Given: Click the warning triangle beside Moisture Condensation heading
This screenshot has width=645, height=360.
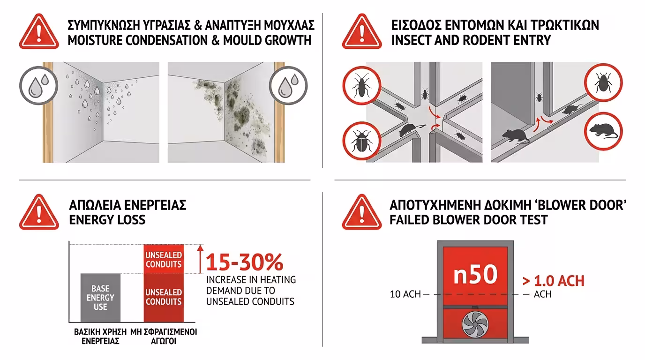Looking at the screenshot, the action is click(x=39, y=32).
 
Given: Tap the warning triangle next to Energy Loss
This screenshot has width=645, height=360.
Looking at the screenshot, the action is click(x=39, y=212).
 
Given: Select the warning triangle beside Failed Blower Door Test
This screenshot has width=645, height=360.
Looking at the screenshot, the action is click(x=362, y=212).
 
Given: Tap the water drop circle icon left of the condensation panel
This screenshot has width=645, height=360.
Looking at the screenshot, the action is click(x=38, y=85).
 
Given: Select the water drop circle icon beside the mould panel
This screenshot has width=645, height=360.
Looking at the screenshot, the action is click(x=288, y=85).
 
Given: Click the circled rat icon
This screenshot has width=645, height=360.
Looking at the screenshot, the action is click(x=604, y=131).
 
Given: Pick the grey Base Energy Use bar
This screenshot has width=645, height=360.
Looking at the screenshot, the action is click(x=100, y=298).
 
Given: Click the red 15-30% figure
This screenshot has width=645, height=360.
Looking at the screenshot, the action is click(x=245, y=262).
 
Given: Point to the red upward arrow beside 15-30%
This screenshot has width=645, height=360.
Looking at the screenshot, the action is click(x=201, y=259).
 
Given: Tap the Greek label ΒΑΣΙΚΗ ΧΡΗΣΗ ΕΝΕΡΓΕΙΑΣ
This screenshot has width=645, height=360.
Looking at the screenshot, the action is click(x=100, y=337).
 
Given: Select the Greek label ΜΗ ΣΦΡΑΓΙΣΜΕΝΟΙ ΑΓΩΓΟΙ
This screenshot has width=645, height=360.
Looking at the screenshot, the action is click(x=164, y=337).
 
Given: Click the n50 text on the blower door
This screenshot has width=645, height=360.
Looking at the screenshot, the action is click(x=475, y=275).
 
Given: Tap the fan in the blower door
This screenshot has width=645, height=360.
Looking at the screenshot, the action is click(x=475, y=325).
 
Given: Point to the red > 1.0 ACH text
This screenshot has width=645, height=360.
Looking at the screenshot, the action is click(x=554, y=281).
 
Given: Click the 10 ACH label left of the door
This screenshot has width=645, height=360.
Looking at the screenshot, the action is click(x=405, y=294).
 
